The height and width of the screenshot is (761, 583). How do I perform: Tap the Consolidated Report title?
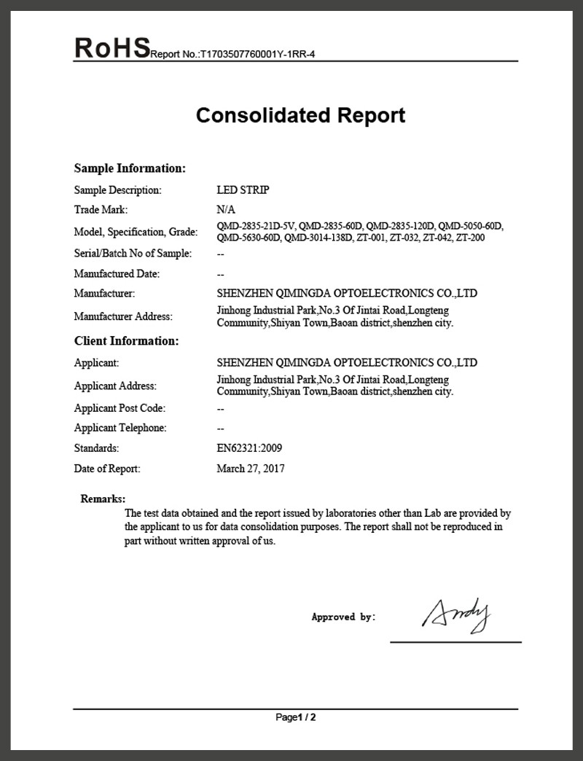tap(300, 115)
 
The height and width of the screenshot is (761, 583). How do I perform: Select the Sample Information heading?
tap(130, 168)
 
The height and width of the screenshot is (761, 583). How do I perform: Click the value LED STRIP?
tap(243, 190)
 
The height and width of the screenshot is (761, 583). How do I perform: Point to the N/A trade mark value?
tap(226, 210)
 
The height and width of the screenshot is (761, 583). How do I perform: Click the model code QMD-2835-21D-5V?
tap(255, 226)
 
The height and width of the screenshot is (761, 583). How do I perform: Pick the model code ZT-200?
tap(471, 238)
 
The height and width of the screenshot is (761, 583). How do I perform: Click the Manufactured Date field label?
tap(117, 274)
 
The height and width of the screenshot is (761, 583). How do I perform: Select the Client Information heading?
tap(126, 341)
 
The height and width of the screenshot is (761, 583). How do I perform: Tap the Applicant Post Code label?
tap(120, 408)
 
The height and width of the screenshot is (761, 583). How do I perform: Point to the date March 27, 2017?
tap(251, 469)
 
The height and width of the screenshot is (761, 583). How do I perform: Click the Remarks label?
tap(103, 499)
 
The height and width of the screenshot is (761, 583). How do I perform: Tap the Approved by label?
tap(343, 617)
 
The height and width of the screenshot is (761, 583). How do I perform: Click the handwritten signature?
tap(456, 614)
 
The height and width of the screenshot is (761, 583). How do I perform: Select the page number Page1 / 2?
tap(296, 717)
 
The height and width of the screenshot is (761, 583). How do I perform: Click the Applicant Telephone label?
tap(120, 429)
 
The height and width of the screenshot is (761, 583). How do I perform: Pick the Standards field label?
tap(96, 448)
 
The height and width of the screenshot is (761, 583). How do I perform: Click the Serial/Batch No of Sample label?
tap(133, 254)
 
